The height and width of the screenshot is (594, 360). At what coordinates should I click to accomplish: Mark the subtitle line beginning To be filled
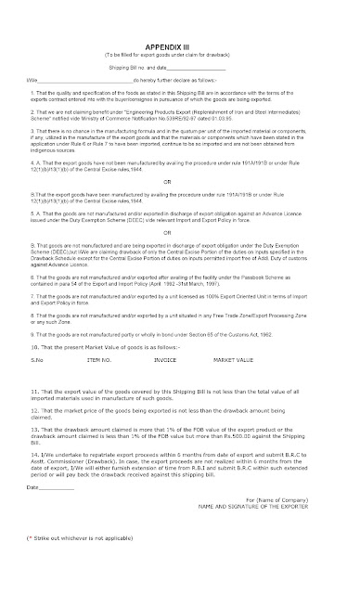pos(179,30)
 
